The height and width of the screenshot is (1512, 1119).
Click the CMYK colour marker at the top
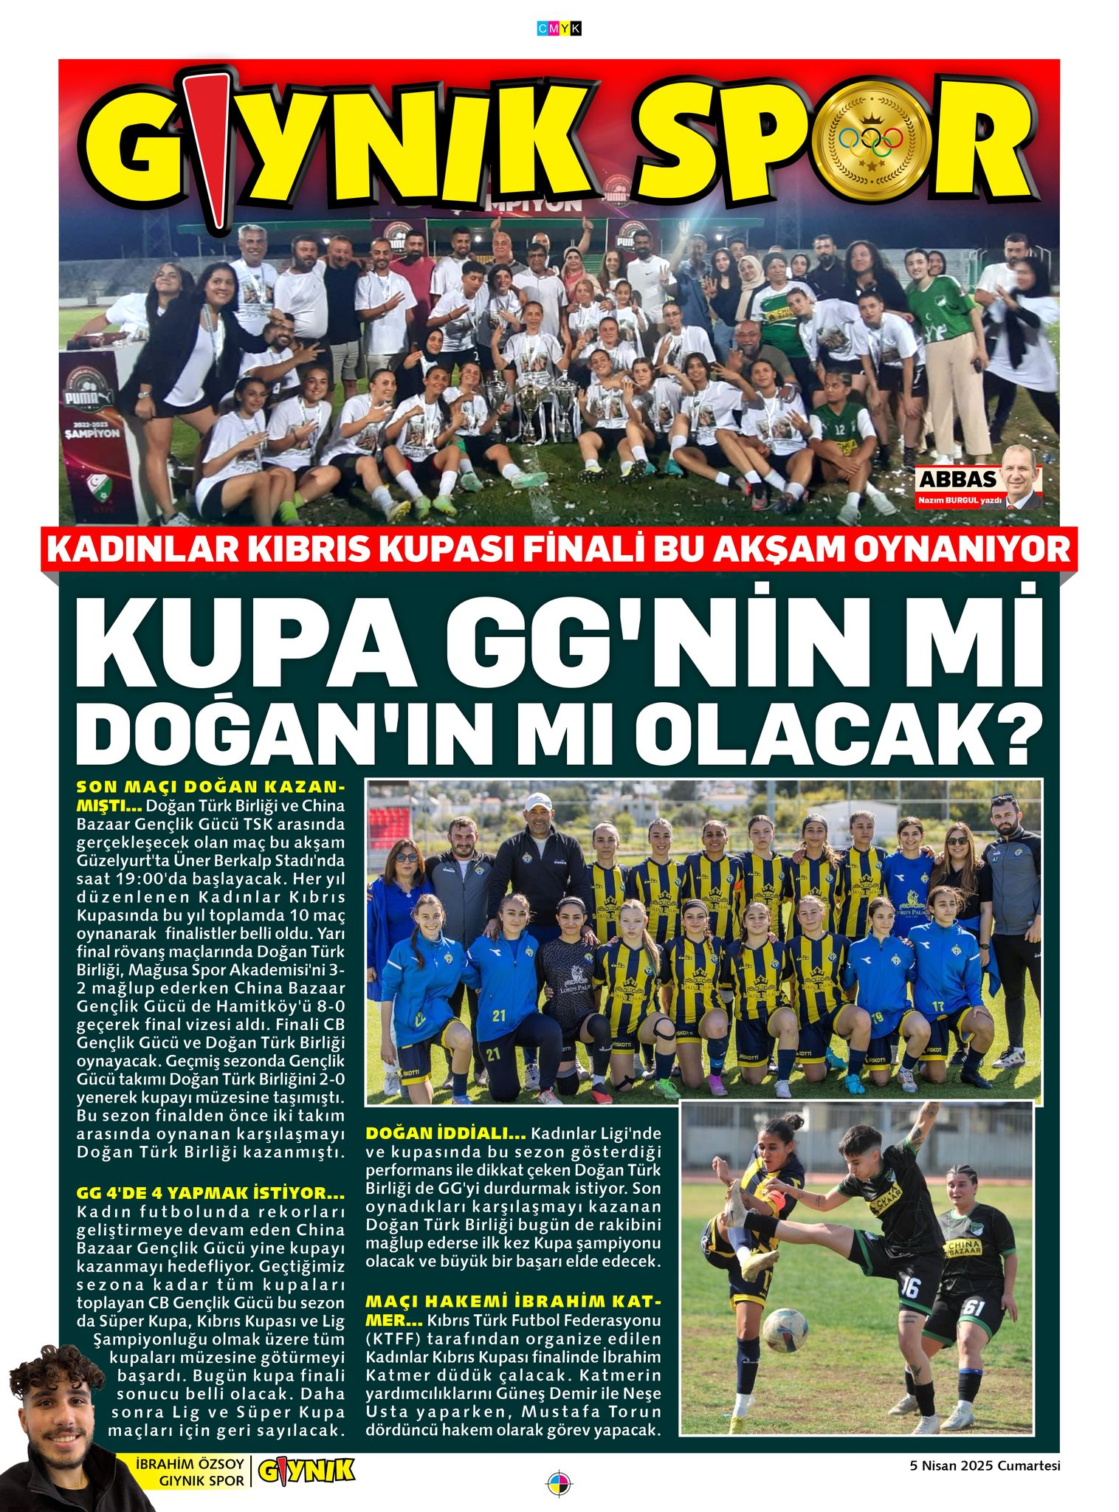[559, 29]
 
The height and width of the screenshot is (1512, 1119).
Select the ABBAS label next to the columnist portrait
[957, 479]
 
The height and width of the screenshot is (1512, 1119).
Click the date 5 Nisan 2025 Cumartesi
[985, 1465]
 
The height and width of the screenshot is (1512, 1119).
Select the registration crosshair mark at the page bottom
[559, 1482]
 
